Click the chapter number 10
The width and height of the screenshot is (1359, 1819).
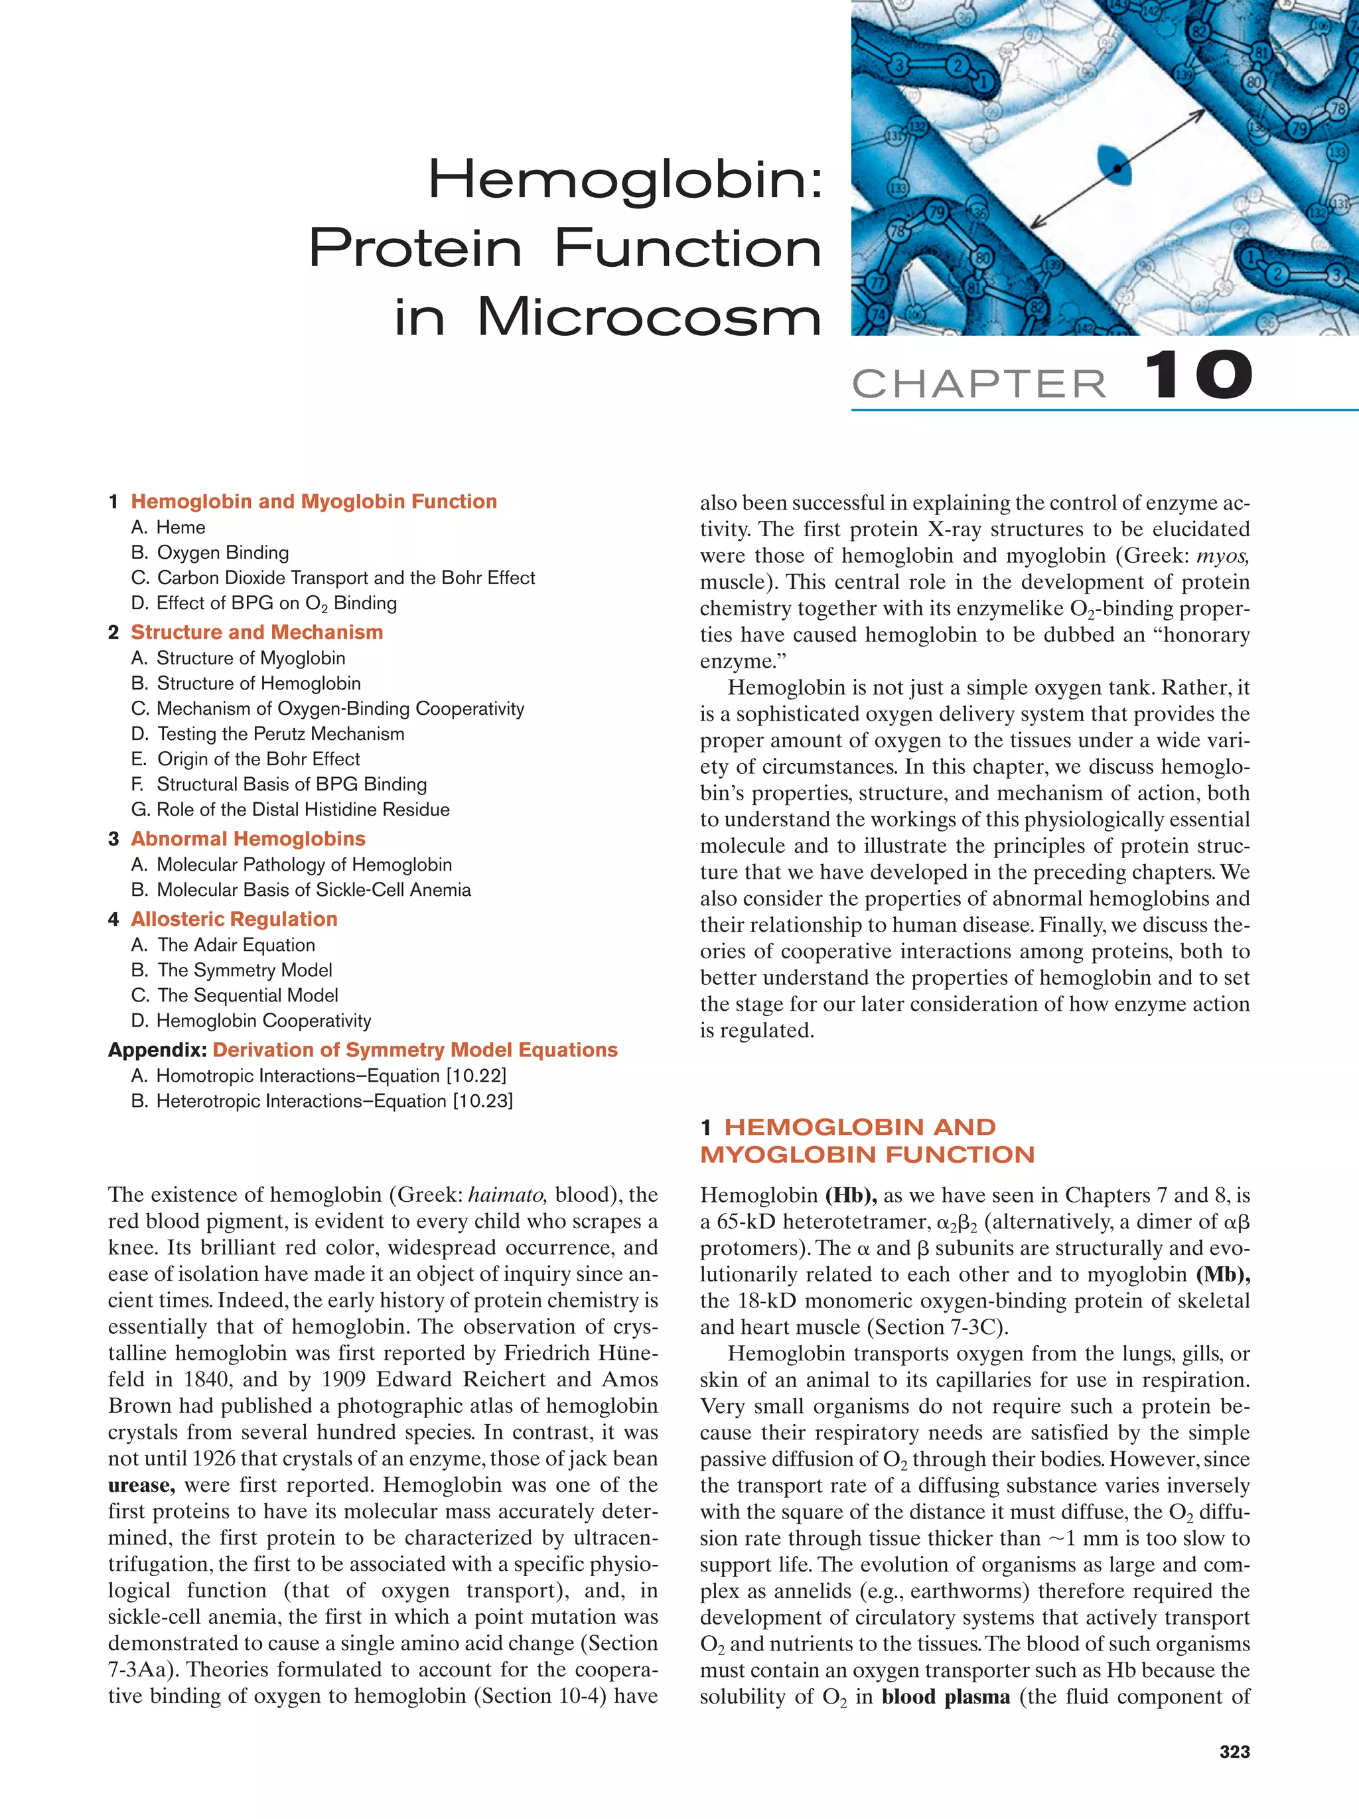click(x=1198, y=375)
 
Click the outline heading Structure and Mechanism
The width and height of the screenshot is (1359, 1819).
click(x=257, y=632)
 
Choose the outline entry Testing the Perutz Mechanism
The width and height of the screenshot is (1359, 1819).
click(x=280, y=733)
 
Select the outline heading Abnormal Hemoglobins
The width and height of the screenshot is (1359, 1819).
click(x=248, y=838)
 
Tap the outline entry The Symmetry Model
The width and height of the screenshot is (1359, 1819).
click(x=244, y=970)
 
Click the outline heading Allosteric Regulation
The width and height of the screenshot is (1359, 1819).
click(x=234, y=918)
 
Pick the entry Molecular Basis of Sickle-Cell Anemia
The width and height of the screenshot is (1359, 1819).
click(x=313, y=890)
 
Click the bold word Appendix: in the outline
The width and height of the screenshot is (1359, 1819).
click(x=158, y=1049)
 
